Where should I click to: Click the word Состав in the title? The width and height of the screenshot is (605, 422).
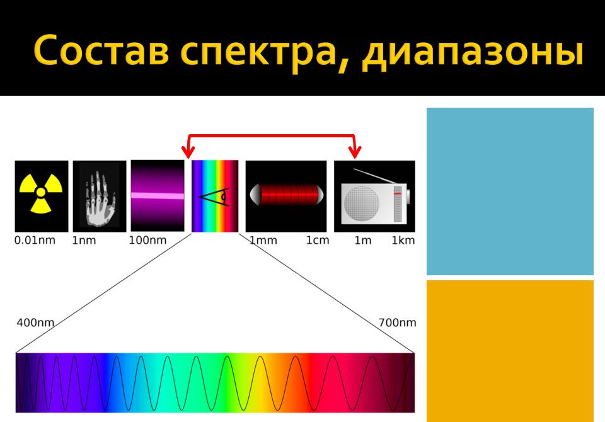(x=101, y=50)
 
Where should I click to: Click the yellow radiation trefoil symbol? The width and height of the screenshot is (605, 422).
(x=41, y=193)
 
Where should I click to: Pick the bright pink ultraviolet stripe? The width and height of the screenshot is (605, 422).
(x=158, y=196)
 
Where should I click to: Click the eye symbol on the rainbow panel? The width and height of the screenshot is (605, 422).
(x=214, y=197)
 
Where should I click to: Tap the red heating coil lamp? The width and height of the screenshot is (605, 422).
(x=286, y=195)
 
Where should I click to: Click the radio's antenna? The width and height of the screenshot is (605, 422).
(x=375, y=176)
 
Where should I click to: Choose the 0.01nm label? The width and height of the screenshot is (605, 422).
(x=35, y=241)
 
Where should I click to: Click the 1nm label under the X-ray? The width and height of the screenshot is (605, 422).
(x=84, y=241)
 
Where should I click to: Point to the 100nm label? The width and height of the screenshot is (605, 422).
(x=147, y=241)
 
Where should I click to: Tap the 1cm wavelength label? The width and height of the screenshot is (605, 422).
(x=318, y=241)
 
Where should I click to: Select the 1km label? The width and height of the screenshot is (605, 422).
(x=403, y=241)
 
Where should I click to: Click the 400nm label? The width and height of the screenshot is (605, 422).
(x=35, y=322)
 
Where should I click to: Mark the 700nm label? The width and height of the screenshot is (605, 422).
(x=398, y=322)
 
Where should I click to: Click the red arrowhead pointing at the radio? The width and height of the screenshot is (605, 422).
(x=355, y=152)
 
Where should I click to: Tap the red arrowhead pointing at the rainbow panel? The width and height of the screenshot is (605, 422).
(x=188, y=152)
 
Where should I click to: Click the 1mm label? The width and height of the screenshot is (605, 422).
(x=263, y=241)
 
